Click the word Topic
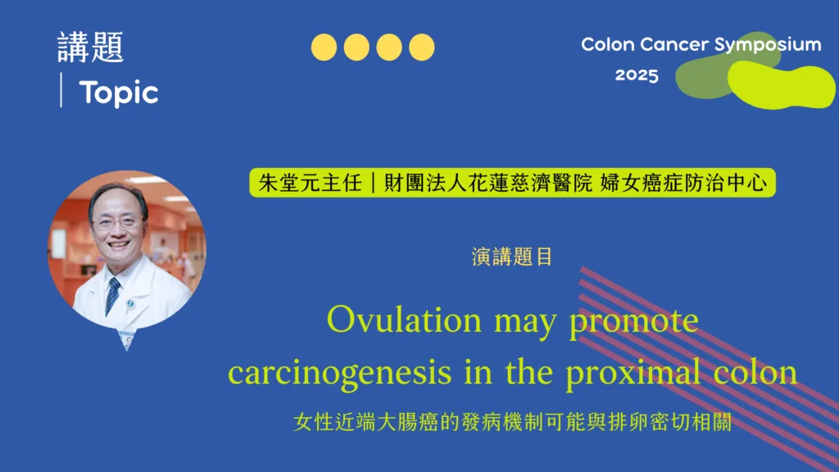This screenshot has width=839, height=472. tap(119, 93)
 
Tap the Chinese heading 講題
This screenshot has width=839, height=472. tap(90, 47)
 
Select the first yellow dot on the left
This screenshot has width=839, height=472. tap(324, 47)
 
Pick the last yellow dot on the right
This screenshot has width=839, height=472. tap(422, 47)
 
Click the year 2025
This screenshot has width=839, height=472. tap(637, 75)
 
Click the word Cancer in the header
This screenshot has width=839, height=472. tap(674, 44)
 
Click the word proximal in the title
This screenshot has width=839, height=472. tap(633, 372)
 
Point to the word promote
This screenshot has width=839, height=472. tap(633, 321)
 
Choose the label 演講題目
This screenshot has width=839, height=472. tap(512, 256)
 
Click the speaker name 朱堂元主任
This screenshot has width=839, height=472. tap(310, 183)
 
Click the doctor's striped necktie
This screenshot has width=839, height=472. tap(112, 296)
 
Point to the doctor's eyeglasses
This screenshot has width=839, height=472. tap(116, 221)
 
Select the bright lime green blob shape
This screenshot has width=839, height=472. tap(781, 84)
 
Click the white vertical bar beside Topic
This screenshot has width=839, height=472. tap(61, 90)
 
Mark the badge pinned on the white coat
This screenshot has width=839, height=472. tap(130, 305)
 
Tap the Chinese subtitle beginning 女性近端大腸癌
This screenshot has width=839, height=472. tap(513, 422)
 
